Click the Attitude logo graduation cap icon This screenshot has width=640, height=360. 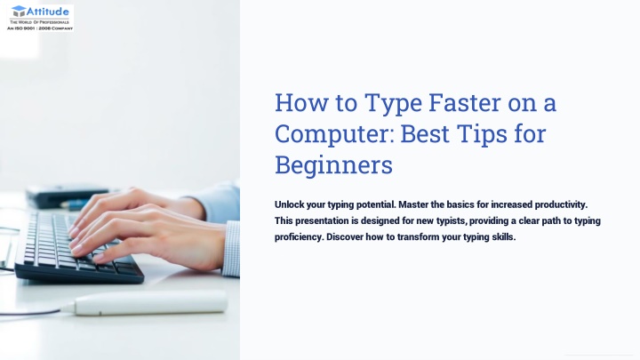[x=19, y=11]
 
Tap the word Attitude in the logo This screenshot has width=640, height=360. [x=48, y=11]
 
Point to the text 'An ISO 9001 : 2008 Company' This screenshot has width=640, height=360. [x=40, y=28]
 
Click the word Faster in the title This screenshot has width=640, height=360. [x=465, y=102]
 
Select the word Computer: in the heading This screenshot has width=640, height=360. [x=334, y=134]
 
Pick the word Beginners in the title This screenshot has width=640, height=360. [x=333, y=165]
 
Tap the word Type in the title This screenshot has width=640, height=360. [x=393, y=104]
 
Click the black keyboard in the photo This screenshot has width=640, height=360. [x=77, y=249]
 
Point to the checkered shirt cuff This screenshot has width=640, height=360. [x=231, y=249]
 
